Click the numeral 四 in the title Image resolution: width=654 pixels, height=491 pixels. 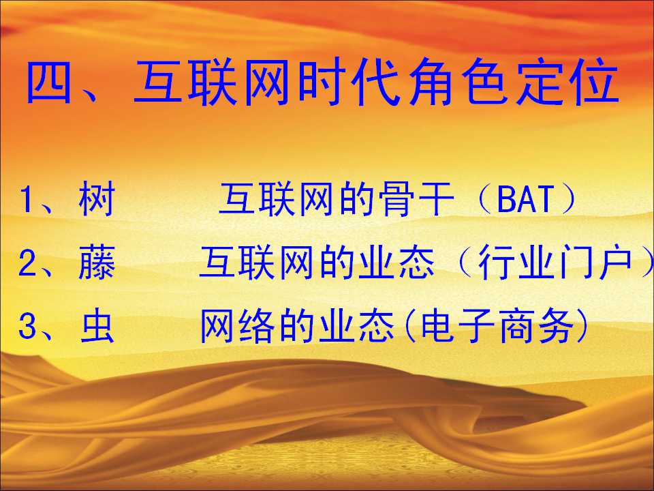(x=48, y=82)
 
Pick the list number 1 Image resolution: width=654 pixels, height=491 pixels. (x=27, y=200)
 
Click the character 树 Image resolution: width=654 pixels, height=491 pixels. (x=96, y=199)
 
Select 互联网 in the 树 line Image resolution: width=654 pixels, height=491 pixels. (x=276, y=199)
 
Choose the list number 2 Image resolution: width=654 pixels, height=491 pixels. (x=27, y=264)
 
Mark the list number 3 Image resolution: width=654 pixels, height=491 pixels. (x=27, y=327)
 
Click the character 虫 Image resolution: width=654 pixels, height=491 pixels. (x=97, y=327)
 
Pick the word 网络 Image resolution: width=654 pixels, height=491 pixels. (x=237, y=327)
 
